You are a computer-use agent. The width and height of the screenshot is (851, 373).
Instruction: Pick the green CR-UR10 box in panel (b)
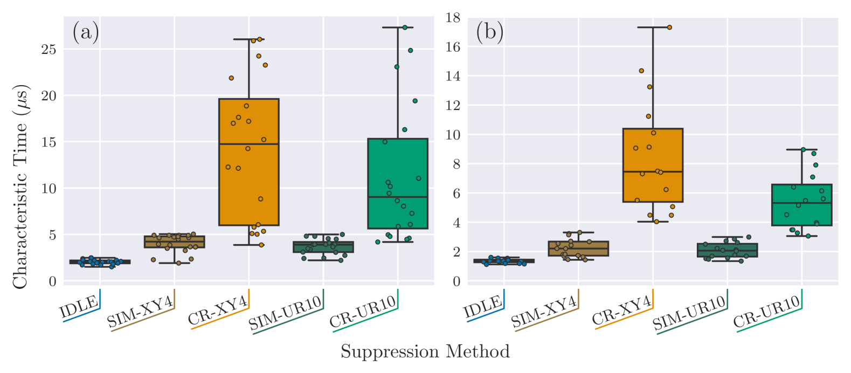point(801,205)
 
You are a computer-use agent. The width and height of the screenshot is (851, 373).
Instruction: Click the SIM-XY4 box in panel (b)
point(578,248)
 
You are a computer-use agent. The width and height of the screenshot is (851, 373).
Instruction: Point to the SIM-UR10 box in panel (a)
point(323,247)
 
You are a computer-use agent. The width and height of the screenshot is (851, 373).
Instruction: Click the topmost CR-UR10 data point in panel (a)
point(405,27)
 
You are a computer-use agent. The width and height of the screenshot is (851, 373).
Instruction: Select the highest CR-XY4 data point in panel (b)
point(669,27)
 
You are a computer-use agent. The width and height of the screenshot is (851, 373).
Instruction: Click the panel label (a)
point(86,32)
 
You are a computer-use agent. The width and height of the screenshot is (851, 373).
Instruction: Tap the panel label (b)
point(489,32)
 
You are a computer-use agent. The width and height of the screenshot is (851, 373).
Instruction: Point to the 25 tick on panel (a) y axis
point(49,50)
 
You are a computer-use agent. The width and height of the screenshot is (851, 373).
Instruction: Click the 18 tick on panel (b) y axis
point(453,18)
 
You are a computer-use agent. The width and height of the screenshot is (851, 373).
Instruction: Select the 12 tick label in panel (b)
point(453,106)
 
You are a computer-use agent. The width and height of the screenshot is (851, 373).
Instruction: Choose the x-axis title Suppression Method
point(425,352)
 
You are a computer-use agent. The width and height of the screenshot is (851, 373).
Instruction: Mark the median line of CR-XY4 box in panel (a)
point(248,144)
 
